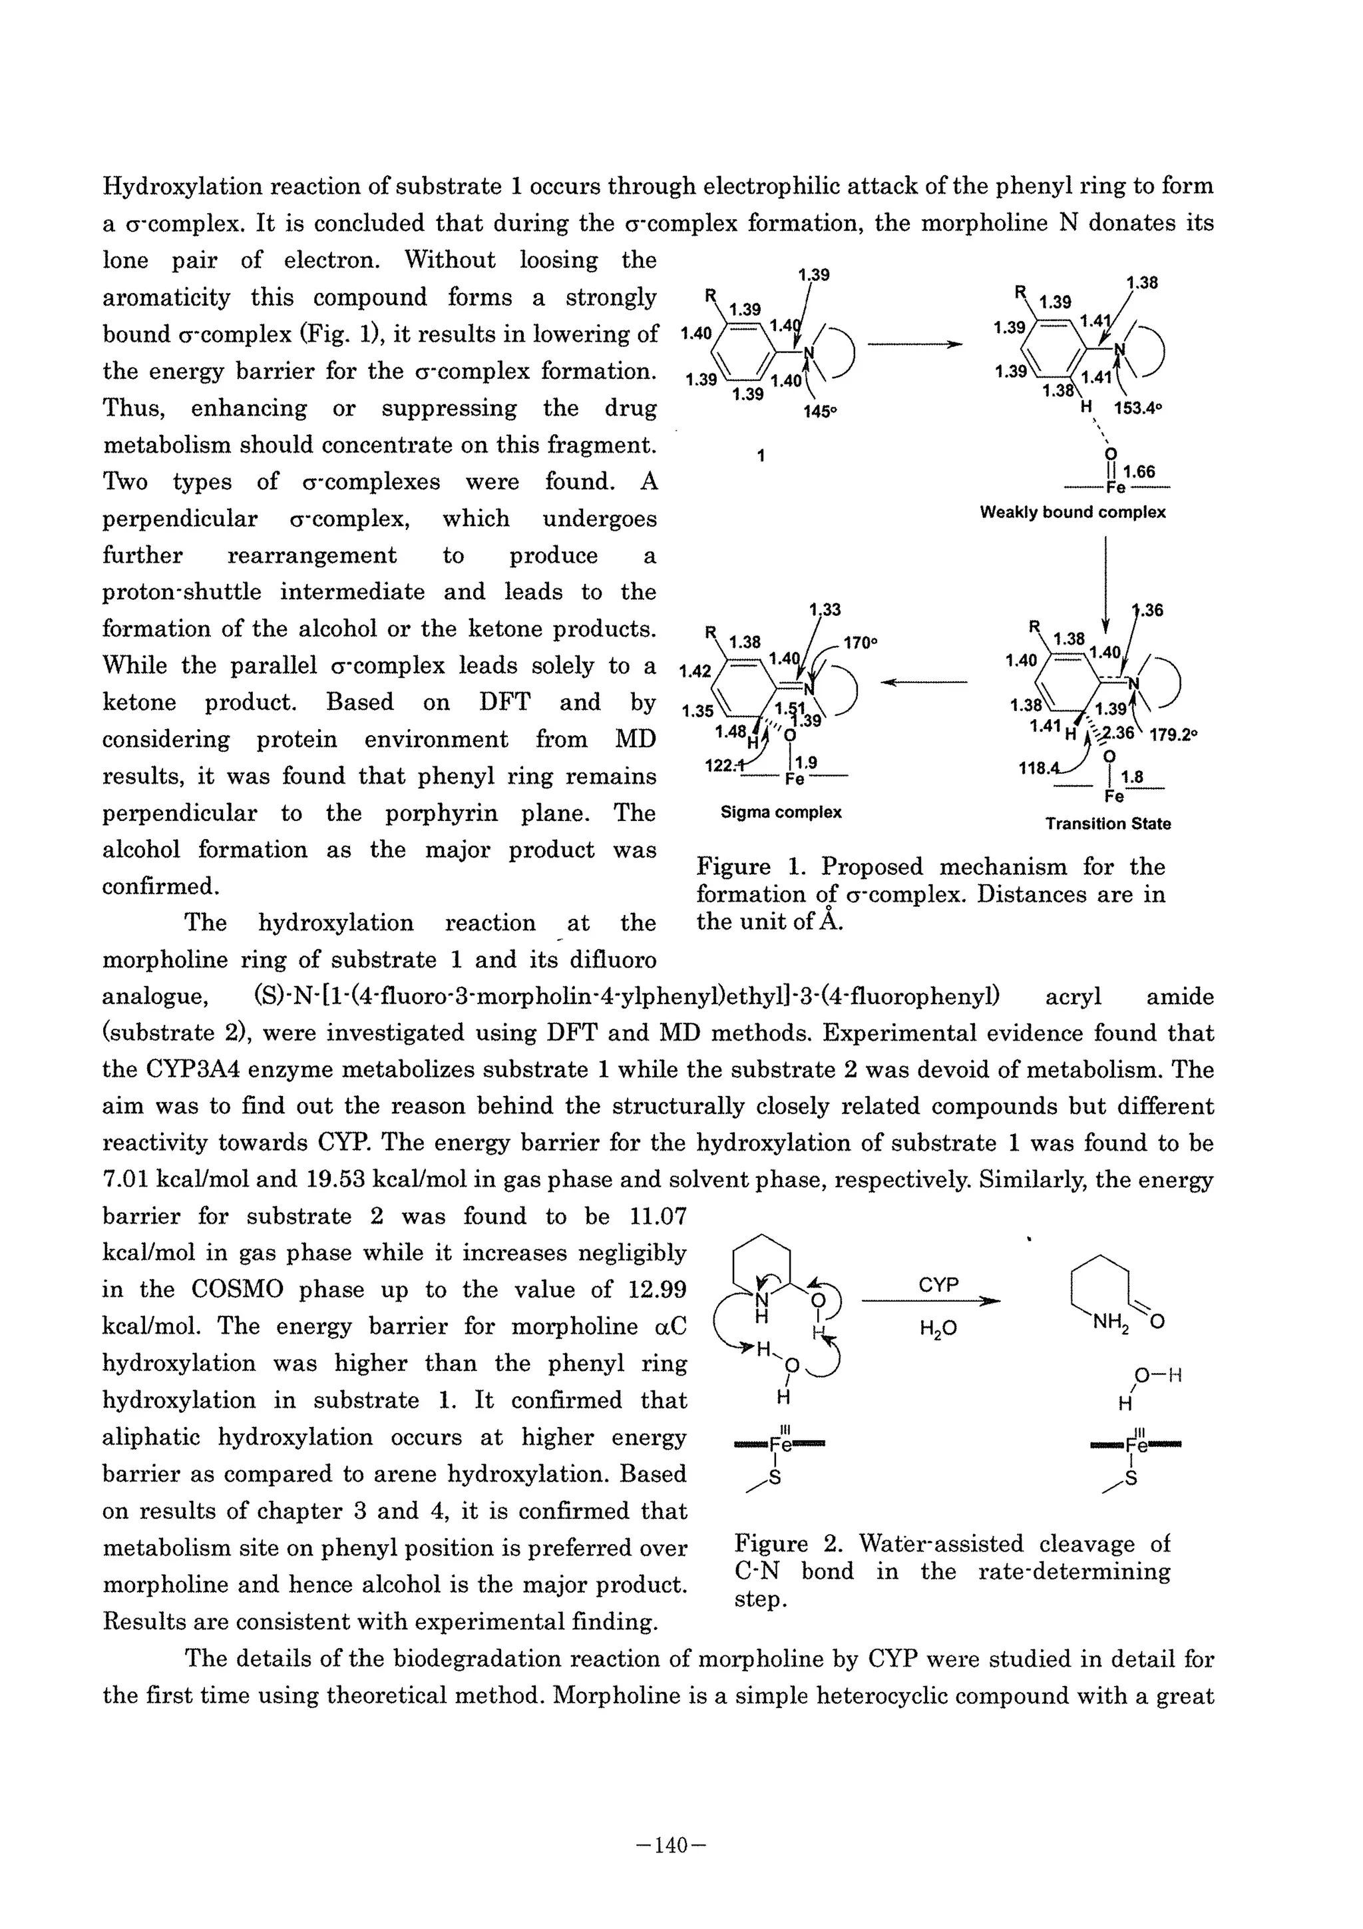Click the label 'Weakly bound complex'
click(x=1072, y=513)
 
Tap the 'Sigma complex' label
click(x=781, y=812)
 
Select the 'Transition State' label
click(x=1107, y=824)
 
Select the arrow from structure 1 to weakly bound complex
click(x=914, y=344)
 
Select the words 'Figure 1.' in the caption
click(x=733, y=867)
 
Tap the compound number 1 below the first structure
click(x=761, y=456)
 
